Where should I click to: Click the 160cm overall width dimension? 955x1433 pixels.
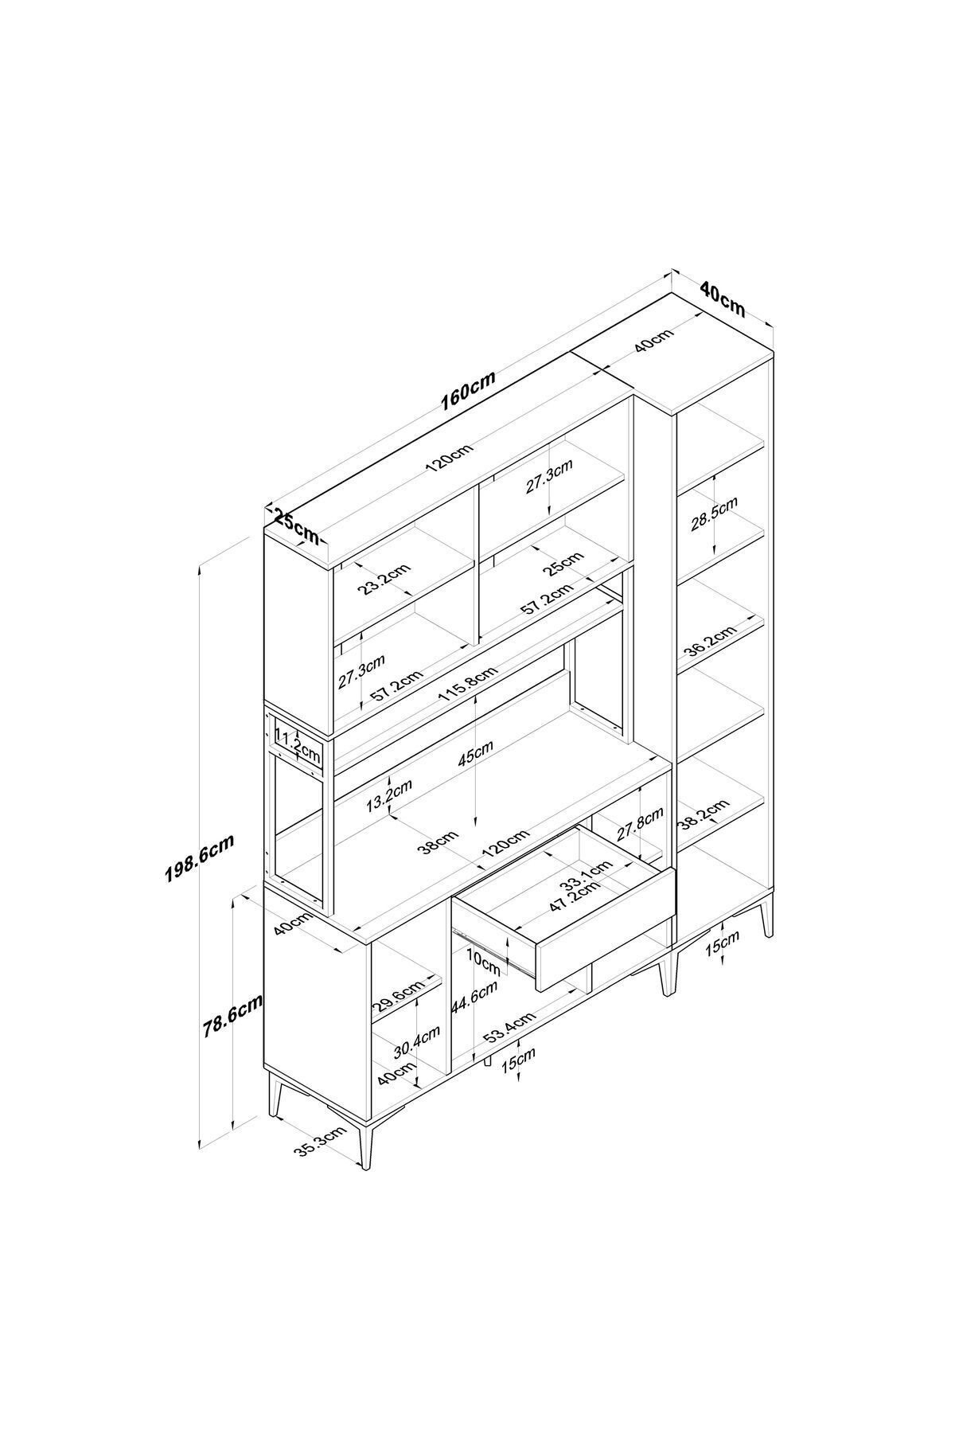[x=469, y=391]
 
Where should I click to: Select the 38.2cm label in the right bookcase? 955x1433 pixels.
[x=704, y=814]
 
